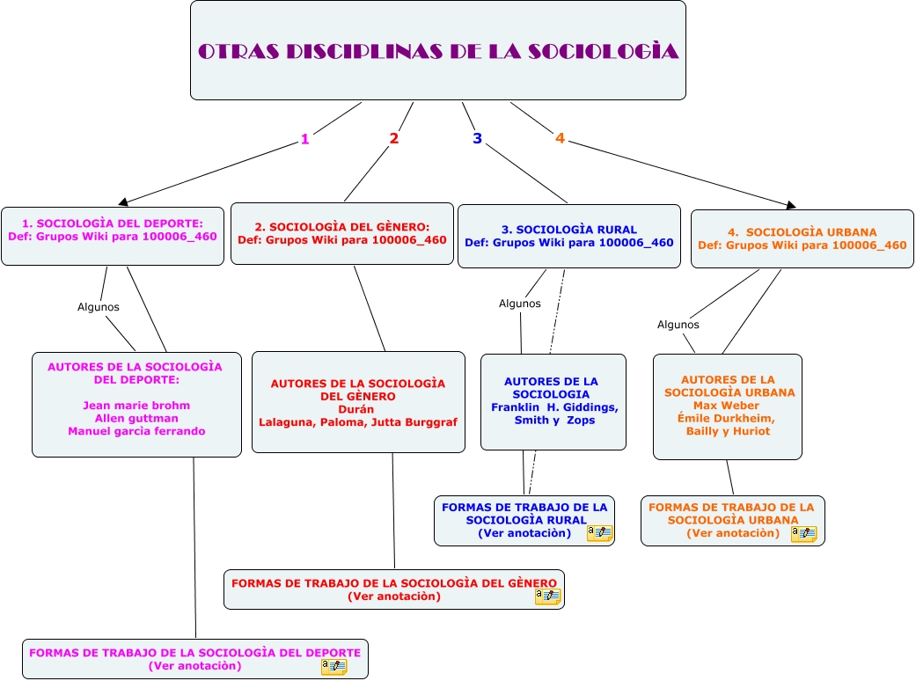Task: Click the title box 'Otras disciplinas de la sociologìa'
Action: tap(438, 50)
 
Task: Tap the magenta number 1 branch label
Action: tap(305, 139)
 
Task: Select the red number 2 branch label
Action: tap(394, 138)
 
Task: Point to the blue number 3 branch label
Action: tap(477, 138)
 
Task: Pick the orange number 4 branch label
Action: tap(560, 138)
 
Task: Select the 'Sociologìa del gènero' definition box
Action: tap(342, 233)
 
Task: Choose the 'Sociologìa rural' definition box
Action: tap(568, 236)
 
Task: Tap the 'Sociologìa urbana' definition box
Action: tap(802, 238)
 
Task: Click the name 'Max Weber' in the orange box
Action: tap(726, 406)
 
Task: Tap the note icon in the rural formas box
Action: tap(599, 533)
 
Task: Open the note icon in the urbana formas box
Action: tap(803, 533)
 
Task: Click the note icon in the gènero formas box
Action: tap(548, 596)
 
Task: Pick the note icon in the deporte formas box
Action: tap(333, 666)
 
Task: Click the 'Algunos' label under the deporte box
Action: tap(99, 307)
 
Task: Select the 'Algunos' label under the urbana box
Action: tap(678, 325)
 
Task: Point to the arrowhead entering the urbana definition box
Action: tap(790, 206)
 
